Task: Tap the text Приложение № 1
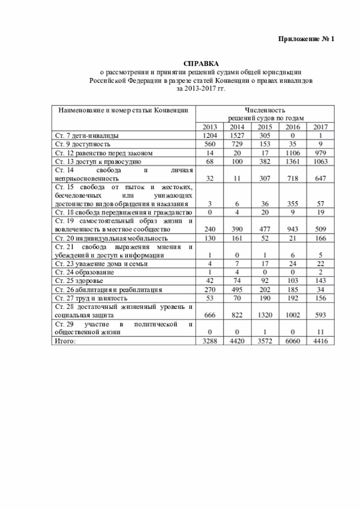pos(307,39)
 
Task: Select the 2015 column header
pos(264,127)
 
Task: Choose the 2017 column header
pos(320,127)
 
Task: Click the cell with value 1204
pos(209,136)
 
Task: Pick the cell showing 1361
pos(292,161)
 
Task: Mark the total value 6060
pos(292,341)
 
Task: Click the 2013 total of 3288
pos(209,341)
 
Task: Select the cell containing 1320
pos(264,316)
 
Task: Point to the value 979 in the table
pos(320,153)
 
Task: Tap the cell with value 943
pos(292,229)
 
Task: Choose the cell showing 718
pos(292,178)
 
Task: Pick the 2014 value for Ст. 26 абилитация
pos(237,289)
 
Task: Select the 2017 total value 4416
pos(320,341)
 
